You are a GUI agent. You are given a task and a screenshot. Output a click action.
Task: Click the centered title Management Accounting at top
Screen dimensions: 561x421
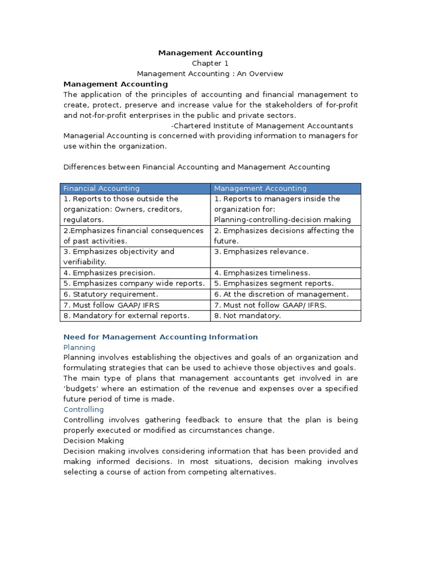tap(210, 53)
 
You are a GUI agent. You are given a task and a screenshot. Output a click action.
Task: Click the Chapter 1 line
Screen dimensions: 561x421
tap(210, 64)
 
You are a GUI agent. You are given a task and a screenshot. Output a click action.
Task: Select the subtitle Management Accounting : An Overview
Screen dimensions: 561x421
tap(210, 74)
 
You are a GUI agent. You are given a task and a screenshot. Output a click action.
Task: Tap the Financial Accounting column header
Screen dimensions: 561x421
tap(102, 188)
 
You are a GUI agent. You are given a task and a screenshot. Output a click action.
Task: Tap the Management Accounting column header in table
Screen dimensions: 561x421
tap(260, 188)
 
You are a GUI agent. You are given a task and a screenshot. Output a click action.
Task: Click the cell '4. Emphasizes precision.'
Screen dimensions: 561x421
tap(110, 273)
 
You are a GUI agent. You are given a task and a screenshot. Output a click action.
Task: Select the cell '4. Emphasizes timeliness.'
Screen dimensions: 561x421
tap(262, 273)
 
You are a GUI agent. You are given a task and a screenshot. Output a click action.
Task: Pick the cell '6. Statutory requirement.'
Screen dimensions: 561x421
tap(111, 294)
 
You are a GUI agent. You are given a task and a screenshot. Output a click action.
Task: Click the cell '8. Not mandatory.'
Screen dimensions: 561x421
tap(247, 316)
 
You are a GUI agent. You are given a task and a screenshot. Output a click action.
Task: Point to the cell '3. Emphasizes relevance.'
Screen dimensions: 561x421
tap(261, 251)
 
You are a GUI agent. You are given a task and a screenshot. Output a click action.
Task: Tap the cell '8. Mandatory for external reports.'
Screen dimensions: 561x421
tap(127, 316)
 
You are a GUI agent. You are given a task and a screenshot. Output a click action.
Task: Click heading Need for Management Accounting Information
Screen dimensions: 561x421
tap(161, 337)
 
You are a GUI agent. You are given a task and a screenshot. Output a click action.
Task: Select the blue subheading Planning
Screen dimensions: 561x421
tap(79, 347)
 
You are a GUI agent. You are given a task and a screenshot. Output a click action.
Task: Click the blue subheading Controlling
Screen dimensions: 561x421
tap(83, 409)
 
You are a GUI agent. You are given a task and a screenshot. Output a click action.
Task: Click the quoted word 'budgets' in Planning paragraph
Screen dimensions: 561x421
tap(80, 388)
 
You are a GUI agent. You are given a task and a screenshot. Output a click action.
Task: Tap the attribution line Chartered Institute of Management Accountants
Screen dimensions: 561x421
tap(262, 126)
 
